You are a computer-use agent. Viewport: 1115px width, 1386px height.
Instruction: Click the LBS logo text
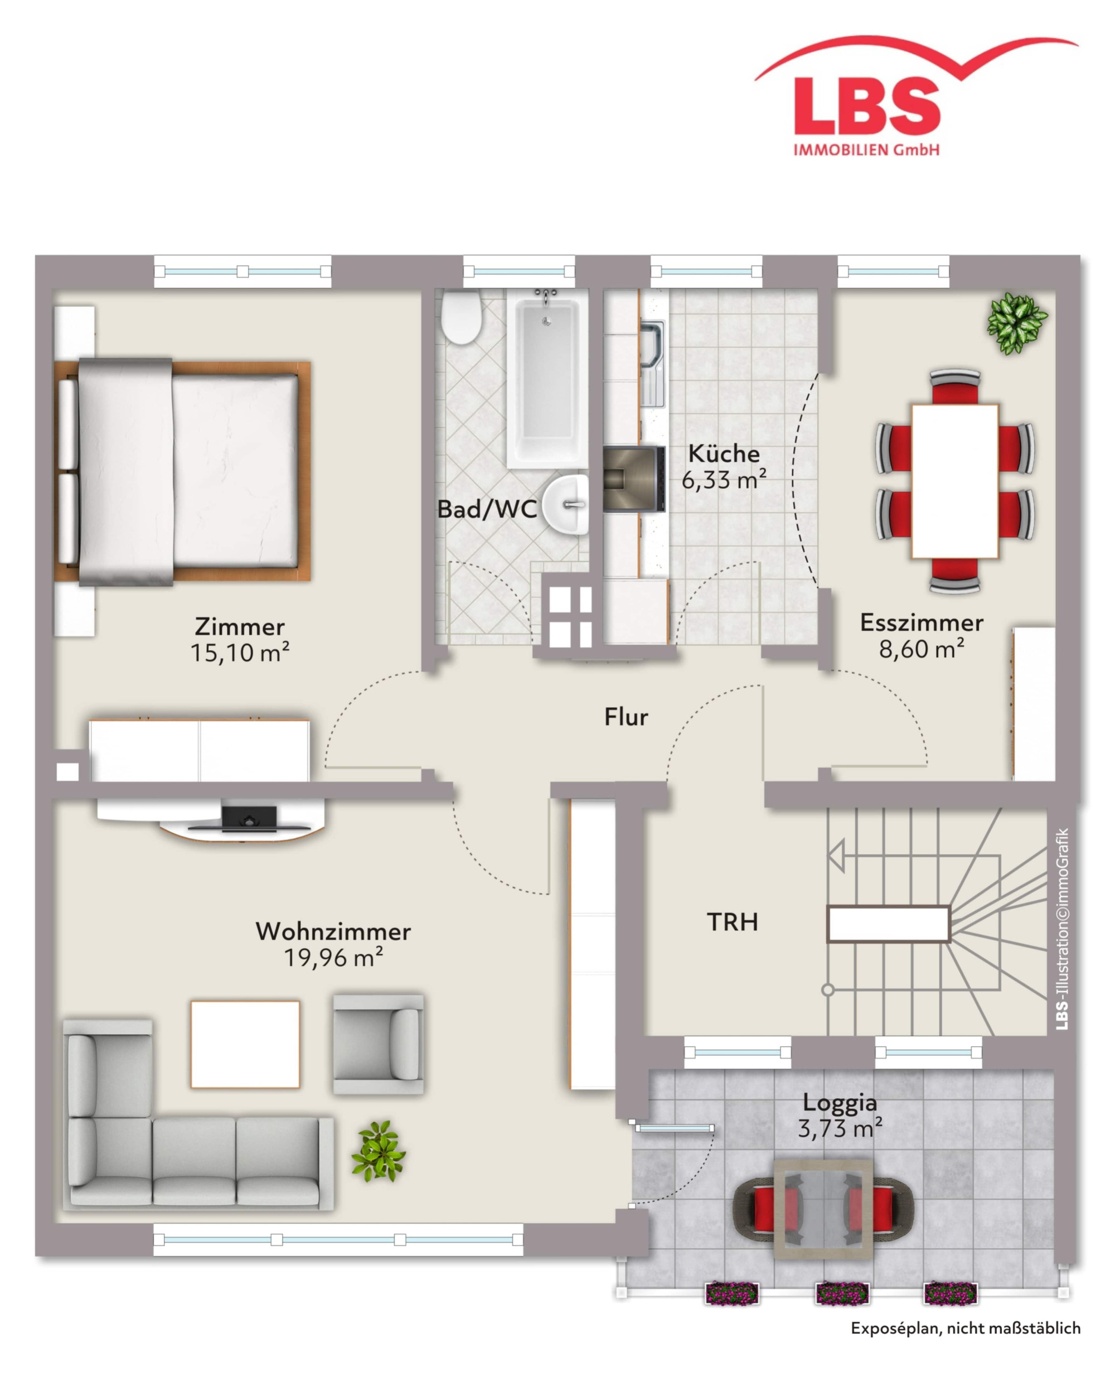(867, 105)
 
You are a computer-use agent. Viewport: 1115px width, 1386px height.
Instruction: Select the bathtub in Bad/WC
(547, 378)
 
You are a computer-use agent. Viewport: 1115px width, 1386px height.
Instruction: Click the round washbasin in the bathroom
(566, 505)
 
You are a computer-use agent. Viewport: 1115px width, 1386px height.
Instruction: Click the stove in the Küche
(634, 479)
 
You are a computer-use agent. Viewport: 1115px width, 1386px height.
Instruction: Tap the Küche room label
(724, 454)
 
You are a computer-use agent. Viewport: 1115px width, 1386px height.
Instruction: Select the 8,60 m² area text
(922, 649)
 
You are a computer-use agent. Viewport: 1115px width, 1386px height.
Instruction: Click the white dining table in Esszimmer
(955, 480)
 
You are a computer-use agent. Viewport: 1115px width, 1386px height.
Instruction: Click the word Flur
(626, 717)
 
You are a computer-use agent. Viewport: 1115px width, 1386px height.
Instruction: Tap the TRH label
(733, 922)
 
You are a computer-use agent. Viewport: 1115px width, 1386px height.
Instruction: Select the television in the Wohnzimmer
(249, 818)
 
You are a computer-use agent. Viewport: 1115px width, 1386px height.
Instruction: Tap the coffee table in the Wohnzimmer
(245, 1044)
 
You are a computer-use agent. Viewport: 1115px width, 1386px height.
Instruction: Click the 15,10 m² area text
(240, 653)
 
